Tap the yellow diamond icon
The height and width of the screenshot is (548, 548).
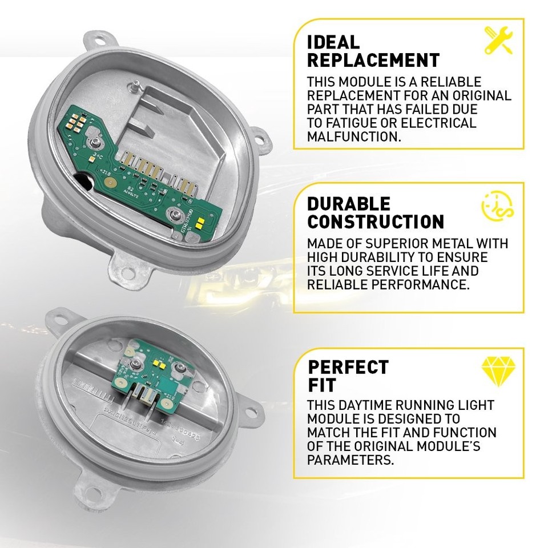pyautogui.click(x=495, y=371)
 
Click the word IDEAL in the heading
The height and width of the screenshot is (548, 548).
pyautogui.click(x=333, y=42)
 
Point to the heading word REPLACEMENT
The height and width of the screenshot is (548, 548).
pyautogui.click(x=373, y=60)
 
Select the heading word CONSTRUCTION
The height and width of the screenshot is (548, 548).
pyautogui.click(x=376, y=221)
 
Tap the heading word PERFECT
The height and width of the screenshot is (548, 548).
pyautogui.click(x=348, y=366)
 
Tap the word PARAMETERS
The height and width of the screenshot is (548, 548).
pyautogui.click(x=350, y=460)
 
